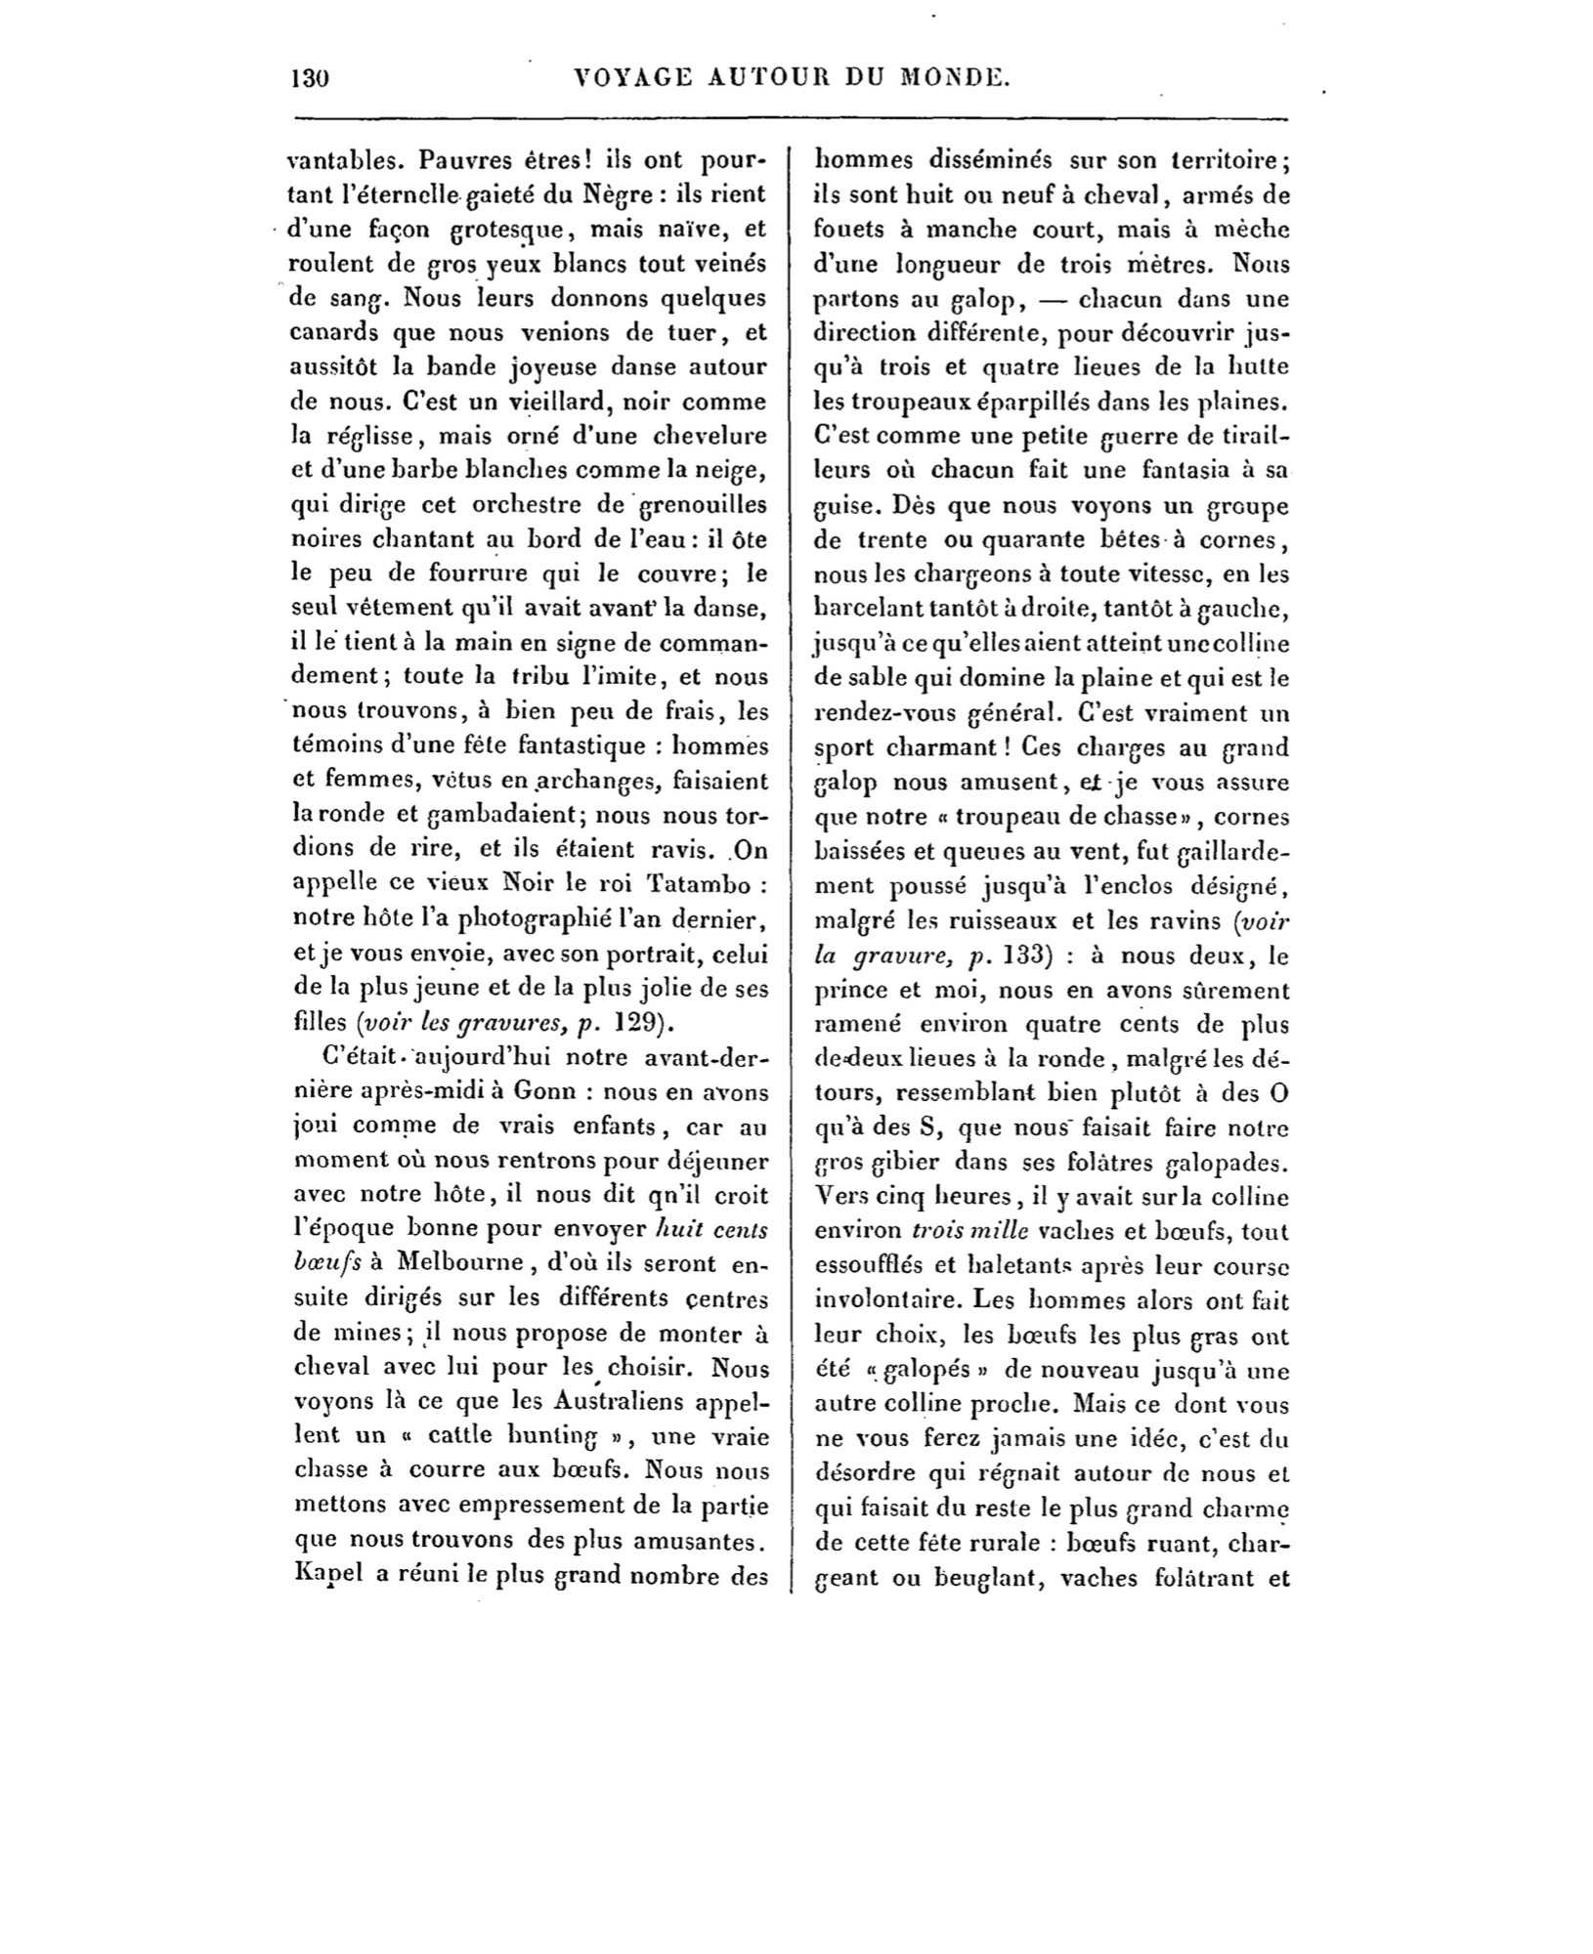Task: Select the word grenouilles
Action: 703,505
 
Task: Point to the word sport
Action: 842,748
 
